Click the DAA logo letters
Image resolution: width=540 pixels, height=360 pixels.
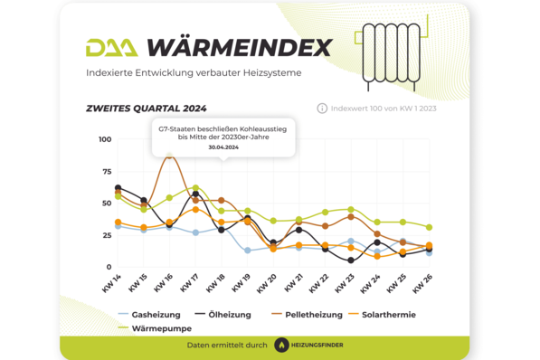point(112,47)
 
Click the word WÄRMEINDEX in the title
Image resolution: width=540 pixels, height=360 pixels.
point(239,47)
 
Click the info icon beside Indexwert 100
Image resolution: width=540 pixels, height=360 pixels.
point(322,109)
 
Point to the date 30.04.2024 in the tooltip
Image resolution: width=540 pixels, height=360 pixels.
point(223,147)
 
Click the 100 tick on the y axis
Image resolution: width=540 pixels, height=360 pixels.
point(104,139)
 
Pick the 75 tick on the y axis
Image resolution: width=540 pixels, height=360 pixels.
point(106,171)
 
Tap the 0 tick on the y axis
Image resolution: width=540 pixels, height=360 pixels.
point(109,267)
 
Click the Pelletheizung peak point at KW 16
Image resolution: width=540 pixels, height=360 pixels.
point(169,156)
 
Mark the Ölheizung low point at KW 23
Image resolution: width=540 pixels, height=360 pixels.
point(351,261)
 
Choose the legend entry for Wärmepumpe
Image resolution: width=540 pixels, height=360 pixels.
point(154,328)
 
